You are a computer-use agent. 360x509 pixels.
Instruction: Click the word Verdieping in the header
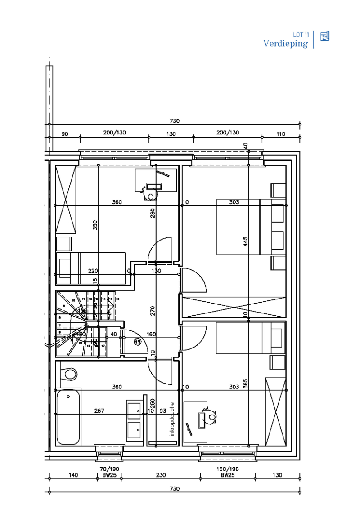pos(286,44)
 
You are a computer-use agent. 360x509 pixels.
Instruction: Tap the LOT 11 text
pos(301,35)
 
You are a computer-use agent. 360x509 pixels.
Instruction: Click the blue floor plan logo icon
pos(325,36)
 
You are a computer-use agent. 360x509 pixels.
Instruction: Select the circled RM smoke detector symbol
pos(138,342)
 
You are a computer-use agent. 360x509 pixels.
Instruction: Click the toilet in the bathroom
pos(70,373)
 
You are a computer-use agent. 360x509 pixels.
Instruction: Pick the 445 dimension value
pos(245,242)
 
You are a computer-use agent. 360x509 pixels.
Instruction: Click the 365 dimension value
pos(245,384)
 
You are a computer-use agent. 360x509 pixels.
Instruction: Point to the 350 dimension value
pos(95,225)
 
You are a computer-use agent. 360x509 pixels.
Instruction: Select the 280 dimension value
pos(153,213)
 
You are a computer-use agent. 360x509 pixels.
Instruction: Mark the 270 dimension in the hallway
pos(153,310)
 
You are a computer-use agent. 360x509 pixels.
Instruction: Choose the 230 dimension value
pos(161,475)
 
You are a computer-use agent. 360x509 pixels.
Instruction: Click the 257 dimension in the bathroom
pos(99,411)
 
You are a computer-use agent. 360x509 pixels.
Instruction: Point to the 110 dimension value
pos(281,134)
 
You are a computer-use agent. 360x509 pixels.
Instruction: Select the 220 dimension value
pos(93,271)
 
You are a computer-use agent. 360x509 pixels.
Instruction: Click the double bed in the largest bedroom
pos(238,227)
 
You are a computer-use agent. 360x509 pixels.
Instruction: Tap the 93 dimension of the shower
pos(162,411)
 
